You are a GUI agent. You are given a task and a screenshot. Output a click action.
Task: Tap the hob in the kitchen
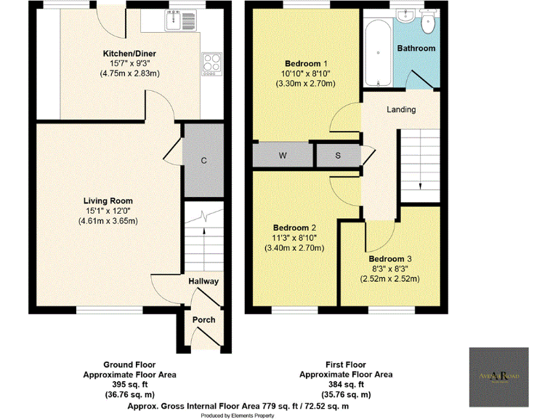click(x=211, y=63)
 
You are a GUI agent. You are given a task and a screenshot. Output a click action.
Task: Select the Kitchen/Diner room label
click(x=129, y=54)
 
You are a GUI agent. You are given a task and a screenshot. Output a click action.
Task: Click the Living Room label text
click(x=108, y=201)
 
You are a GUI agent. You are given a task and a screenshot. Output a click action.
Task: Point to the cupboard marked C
click(x=204, y=159)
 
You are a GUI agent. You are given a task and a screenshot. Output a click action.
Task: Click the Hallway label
click(x=203, y=282)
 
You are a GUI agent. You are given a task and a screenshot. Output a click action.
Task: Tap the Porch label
click(x=203, y=320)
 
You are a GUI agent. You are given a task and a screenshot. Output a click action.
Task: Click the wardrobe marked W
click(x=282, y=155)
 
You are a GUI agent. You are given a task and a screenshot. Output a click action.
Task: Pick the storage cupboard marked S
click(x=338, y=155)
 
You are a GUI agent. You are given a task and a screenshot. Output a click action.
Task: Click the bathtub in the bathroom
click(x=376, y=51)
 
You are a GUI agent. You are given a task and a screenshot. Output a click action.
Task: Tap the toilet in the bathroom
click(x=427, y=23)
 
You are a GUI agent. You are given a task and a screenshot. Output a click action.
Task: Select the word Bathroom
click(x=416, y=49)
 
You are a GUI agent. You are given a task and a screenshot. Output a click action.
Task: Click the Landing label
click(x=401, y=110)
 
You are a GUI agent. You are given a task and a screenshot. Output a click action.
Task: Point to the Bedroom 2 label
click(x=294, y=227)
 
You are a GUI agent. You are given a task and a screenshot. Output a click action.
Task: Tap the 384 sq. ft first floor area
click(x=346, y=385)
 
